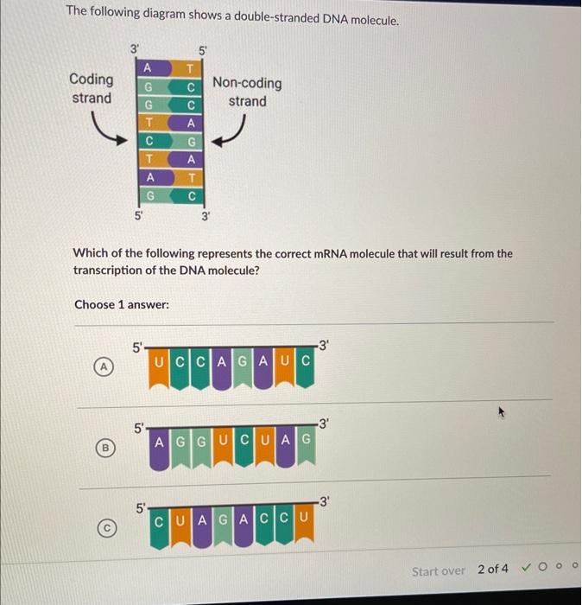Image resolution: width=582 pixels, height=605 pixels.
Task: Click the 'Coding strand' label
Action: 91,88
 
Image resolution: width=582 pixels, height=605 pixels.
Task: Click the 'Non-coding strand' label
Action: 247,92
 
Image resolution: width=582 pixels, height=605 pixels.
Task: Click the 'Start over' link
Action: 438,570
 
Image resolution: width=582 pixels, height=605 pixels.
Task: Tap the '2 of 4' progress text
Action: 493,569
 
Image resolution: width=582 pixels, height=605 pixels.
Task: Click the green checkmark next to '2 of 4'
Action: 525,569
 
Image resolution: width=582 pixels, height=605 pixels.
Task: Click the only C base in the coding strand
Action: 149,140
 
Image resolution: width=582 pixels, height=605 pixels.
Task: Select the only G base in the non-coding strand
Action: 193,140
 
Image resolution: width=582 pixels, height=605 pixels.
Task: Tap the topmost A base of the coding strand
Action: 149,68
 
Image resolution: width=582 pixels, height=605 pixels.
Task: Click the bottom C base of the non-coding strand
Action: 193,195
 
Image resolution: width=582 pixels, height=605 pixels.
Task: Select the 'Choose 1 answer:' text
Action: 122,305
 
